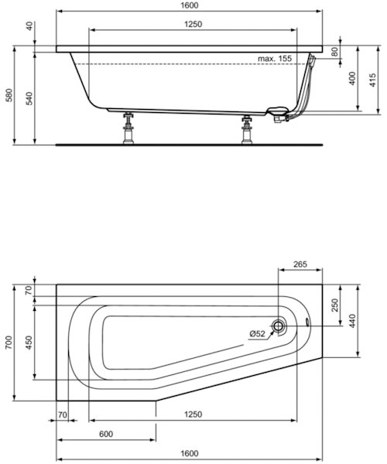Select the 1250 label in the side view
193,24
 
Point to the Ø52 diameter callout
257,333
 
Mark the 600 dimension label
105,434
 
